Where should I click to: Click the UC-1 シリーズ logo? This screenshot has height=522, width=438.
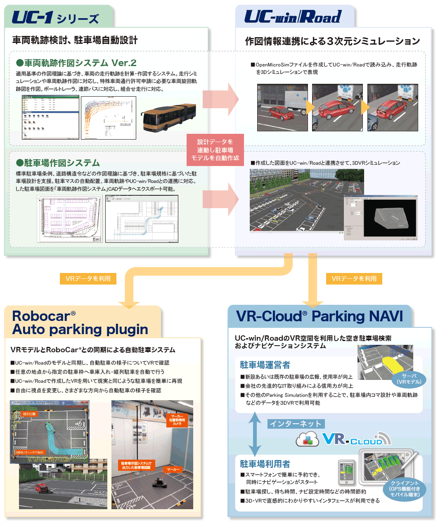[x=55, y=18]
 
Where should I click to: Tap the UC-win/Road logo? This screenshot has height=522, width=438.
[x=293, y=17]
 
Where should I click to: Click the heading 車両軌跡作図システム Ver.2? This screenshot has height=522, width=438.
[x=76, y=63]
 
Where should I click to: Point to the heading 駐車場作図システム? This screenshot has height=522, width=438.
[x=58, y=163]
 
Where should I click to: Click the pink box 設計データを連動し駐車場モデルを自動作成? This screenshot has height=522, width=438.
[x=215, y=149]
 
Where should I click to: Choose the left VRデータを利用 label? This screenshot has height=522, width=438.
[x=88, y=279]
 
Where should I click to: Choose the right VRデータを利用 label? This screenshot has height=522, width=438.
[x=354, y=279]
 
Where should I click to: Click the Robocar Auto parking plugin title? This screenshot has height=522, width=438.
[x=80, y=323]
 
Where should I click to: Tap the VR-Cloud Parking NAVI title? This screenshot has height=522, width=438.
[x=319, y=316]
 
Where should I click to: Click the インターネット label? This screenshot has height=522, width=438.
[x=296, y=424]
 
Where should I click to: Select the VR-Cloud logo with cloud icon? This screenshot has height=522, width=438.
[x=343, y=439]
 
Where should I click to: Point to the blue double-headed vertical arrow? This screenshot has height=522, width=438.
[x=255, y=434]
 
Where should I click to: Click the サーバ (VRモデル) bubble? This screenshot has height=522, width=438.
[x=409, y=379]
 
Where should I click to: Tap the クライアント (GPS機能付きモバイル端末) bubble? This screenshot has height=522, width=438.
[x=405, y=489]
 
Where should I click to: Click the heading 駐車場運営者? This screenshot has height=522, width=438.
[x=265, y=365]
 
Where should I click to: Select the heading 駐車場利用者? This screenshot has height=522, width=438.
[x=265, y=464]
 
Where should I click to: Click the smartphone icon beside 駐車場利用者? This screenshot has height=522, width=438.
[x=346, y=472]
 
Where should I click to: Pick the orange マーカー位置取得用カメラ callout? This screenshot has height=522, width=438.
[x=177, y=420]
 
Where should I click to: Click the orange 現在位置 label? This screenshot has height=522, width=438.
[x=29, y=414]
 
